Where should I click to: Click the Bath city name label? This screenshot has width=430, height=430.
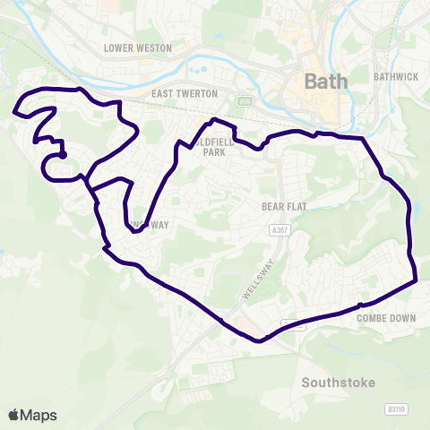(324, 82)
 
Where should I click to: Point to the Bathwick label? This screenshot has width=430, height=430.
(397, 77)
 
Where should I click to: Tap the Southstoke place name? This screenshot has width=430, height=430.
(334, 383)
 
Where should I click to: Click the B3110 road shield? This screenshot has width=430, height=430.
(395, 408)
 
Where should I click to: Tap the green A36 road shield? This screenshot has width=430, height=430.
(245, 100)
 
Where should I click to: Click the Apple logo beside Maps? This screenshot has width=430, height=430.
(13, 415)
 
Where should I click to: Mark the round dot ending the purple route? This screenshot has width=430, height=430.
(63, 155)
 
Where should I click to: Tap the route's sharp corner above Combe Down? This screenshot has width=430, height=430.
(417, 281)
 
